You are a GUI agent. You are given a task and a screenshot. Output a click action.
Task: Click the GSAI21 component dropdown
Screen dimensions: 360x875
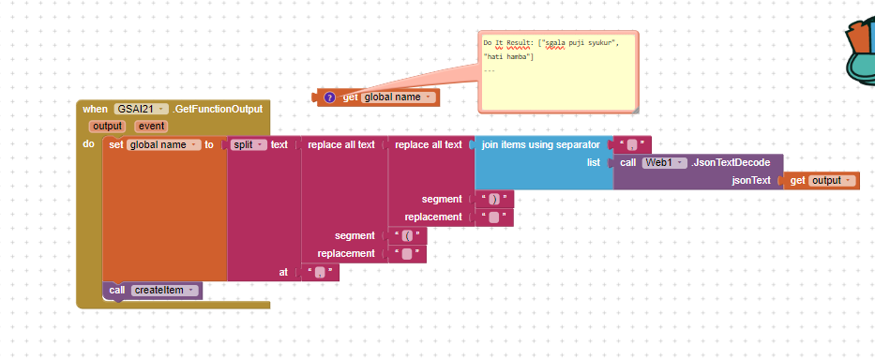point(142,110)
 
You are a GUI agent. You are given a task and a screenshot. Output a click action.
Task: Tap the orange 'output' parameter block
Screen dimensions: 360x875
point(108,126)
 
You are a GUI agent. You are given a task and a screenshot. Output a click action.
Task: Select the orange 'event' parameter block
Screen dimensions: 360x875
point(152,126)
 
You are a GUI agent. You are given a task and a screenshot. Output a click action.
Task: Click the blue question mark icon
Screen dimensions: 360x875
point(329,97)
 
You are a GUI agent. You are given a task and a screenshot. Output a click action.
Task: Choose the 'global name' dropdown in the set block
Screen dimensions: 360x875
point(164,144)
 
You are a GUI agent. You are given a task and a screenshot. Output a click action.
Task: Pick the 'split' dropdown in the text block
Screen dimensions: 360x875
point(249,144)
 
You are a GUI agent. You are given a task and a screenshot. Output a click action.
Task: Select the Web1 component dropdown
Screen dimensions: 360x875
point(665,162)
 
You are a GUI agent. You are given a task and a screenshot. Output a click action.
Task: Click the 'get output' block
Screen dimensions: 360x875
point(821,180)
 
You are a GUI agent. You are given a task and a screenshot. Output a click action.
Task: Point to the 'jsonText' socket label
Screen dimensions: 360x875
point(750,180)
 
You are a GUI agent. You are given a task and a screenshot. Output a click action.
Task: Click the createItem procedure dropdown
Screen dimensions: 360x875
point(166,291)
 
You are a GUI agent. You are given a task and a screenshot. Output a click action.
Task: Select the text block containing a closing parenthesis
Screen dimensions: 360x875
point(494,199)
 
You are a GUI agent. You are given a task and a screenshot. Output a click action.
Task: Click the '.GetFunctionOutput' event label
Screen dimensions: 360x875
point(218,110)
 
